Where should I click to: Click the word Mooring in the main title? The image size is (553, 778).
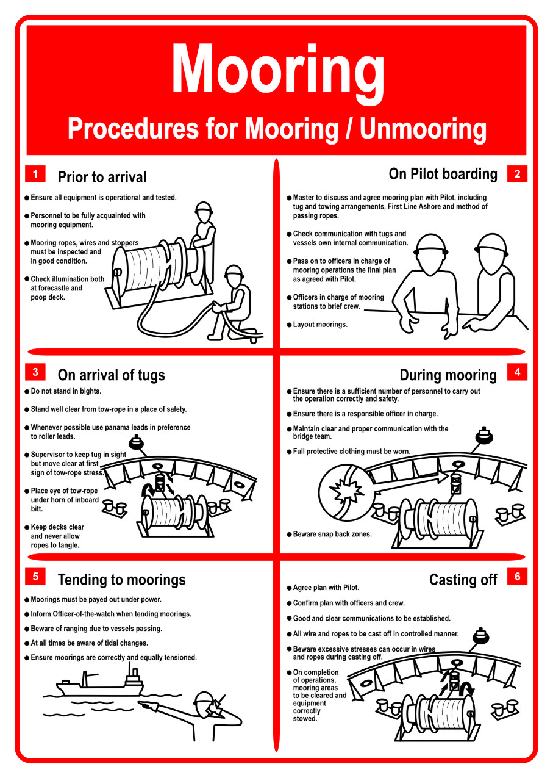coord(277,72)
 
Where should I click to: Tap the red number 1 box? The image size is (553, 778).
coord(35,174)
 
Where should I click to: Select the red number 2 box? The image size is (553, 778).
coord(517,174)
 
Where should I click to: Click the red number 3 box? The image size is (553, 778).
coord(35,372)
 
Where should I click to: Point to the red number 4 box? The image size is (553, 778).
coord(517,372)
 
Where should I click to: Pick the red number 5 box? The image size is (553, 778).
coord(35,577)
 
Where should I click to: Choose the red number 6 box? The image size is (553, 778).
coord(517,577)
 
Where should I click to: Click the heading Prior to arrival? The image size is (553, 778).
coord(102,177)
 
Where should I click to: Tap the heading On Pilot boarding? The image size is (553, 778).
coord(443,174)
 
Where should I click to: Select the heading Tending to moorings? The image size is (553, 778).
coord(121,580)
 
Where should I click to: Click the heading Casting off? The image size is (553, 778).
coord(463,579)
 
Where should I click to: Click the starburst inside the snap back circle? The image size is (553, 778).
coord(346,491)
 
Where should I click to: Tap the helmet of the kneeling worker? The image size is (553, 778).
coord(234,272)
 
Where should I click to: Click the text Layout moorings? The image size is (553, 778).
coord(320,325)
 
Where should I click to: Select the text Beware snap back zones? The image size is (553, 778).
coord(332,534)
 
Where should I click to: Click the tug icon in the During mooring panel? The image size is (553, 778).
coord(484,436)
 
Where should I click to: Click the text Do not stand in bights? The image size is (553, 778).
coord(66,391)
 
